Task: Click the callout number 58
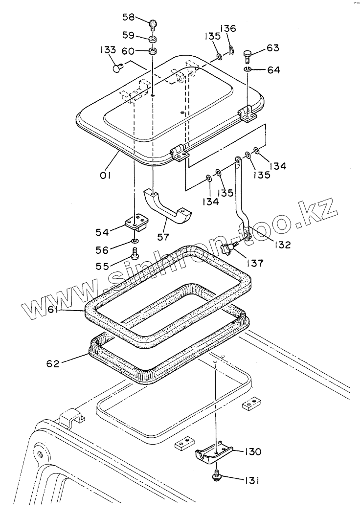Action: point(129,18)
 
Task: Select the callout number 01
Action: point(106,175)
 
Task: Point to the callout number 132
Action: point(282,244)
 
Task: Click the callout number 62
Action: point(53,363)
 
